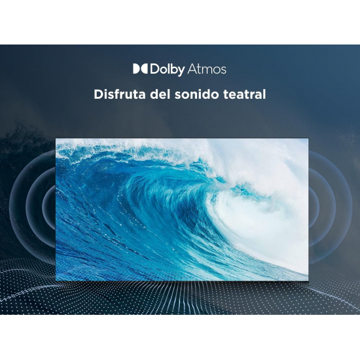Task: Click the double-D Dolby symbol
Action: click(140, 69)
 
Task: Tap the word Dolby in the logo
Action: click(168, 70)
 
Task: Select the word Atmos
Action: click(207, 69)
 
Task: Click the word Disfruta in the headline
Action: click(120, 94)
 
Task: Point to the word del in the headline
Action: click(160, 94)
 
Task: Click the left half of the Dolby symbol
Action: click(136, 69)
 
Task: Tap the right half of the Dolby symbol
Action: click(144, 69)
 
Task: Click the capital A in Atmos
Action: click(192, 69)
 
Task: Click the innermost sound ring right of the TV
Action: click(317, 207)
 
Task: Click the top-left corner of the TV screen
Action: click(56, 139)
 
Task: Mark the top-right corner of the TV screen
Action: click(308, 139)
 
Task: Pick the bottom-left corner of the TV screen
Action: click(56, 281)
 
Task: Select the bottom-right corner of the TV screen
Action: click(308, 281)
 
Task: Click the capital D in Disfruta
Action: click(98, 94)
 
